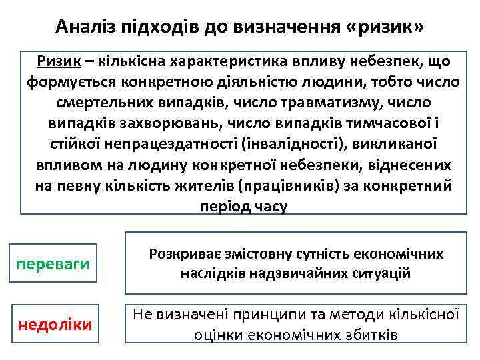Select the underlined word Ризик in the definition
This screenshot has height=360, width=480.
[59, 61]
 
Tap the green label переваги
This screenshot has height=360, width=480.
[53, 264]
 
